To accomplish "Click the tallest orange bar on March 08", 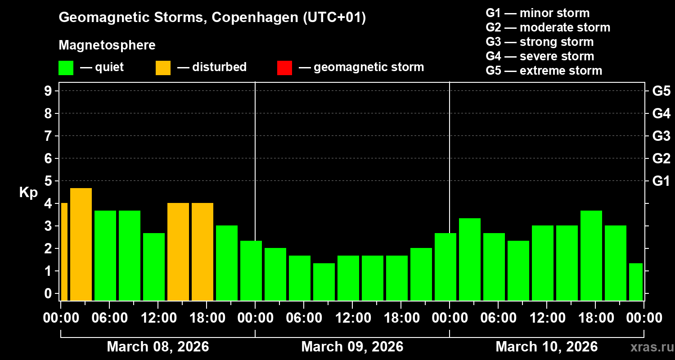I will (81, 244).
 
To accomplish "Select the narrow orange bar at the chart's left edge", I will (64, 252).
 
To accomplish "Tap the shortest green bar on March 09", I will (324, 282).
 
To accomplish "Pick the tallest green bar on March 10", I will (591, 255).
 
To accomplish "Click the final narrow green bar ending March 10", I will (635, 282).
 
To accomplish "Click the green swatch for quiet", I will (66, 68).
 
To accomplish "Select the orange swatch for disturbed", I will (163, 68).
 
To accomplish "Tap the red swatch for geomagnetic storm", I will (284, 68).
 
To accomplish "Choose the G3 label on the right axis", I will (661, 136).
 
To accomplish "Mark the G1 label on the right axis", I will (661, 181).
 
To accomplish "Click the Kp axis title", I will (28, 193).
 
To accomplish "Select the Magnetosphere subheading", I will (107, 45).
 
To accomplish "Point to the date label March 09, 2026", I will (352, 347).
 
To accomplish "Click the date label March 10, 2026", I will (546, 347).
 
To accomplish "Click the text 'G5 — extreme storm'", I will (544, 71).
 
